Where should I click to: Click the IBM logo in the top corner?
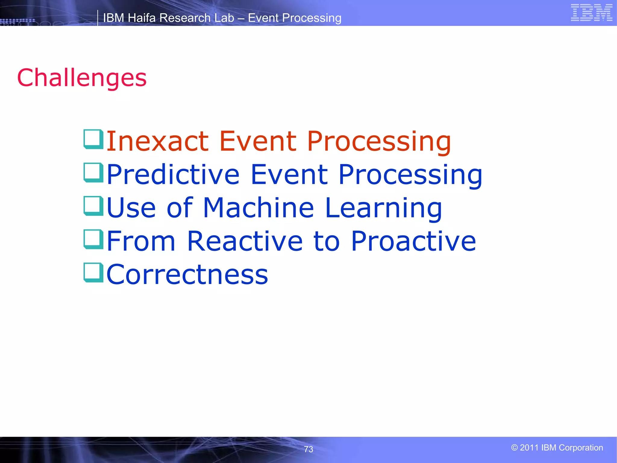coord(591,13)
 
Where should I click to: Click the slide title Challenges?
coord(82,78)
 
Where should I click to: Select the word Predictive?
coord(173,175)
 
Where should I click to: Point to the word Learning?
coord(383,209)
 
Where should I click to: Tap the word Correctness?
coord(187,274)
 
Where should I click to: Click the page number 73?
coord(308,449)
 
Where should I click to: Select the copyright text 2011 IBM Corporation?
coord(557,448)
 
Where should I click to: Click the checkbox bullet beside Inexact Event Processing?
coord(93,139)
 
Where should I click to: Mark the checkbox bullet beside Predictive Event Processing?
coord(93,173)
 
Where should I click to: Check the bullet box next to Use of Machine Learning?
coord(93,206)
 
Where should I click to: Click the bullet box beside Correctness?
coord(93,273)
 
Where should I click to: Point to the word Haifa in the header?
coord(142,18)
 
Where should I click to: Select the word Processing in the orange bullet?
coord(379,142)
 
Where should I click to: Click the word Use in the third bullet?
coord(131,208)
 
